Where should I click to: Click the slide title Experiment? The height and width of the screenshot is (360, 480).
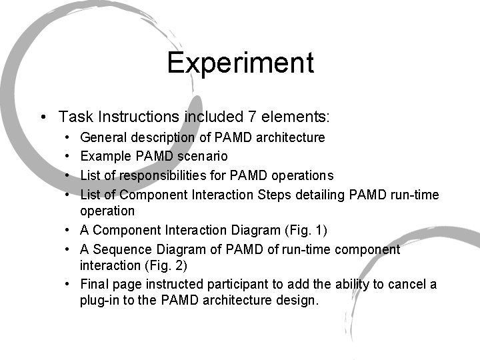coord(240,63)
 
